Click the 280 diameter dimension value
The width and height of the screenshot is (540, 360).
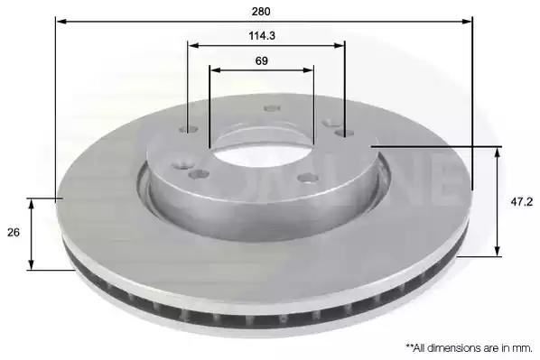click(x=261, y=12)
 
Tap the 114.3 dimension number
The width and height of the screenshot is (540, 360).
click(x=262, y=36)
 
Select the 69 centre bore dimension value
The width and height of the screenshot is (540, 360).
click(x=261, y=61)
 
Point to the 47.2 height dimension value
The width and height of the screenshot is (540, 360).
click(x=521, y=202)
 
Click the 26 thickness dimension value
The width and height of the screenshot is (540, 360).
click(x=13, y=232)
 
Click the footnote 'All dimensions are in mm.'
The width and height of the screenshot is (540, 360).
click(x=470, y=348)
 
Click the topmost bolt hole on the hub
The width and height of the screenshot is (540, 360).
click(x=272, y=109)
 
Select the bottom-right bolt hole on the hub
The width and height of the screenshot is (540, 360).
click(x=308, y=178)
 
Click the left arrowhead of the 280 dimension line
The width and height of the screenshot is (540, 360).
click(x=61, y=22)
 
